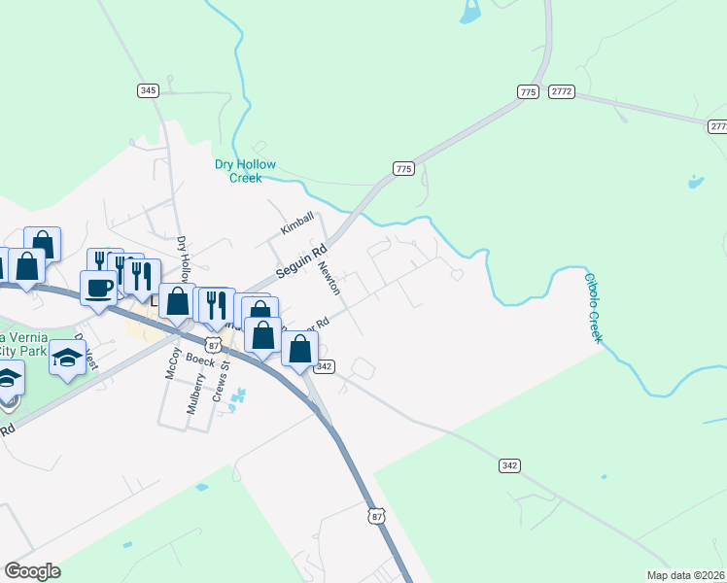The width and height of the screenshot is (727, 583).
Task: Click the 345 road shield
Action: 148,90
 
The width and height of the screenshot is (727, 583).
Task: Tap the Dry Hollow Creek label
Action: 245,171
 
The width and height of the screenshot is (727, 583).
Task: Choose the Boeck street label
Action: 200,360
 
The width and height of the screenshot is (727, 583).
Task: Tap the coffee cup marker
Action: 99,289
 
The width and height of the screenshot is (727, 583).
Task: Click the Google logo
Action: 32,571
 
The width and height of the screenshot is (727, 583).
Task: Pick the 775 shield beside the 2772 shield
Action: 528,91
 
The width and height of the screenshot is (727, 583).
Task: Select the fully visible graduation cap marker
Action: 67,359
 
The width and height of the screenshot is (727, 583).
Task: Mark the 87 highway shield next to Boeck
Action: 214,344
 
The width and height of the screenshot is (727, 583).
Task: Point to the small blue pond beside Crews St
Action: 238,396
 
